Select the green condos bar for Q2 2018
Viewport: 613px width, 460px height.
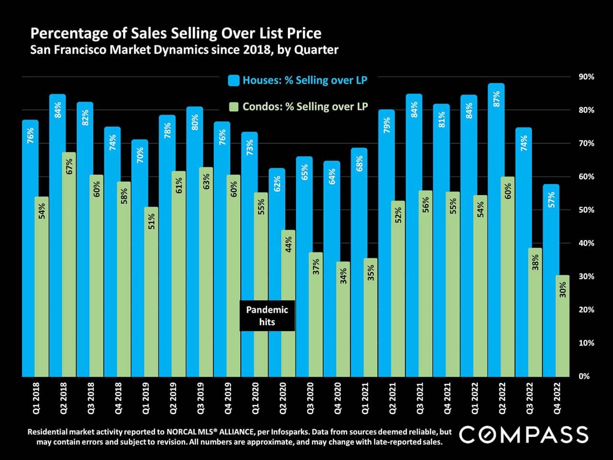[x=69, y=264]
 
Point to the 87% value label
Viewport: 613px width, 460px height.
[x=497, y=99]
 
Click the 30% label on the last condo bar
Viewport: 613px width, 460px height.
[x=563, y=289]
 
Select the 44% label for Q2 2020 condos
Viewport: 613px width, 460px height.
[x=288, y=244]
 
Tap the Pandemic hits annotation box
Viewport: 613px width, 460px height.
[x=267, y=316]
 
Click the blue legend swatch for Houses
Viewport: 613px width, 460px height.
[x=233, y=80]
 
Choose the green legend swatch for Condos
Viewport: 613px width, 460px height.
[x=233, y=107]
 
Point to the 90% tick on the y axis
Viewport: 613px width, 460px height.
[x=586, y=77]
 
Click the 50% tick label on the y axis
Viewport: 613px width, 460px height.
[x=586, y=210]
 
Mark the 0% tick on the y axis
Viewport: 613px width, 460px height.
[x=584, y=376]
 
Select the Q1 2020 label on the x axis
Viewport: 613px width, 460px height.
[x=255, y=398]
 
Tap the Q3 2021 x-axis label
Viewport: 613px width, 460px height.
[x=420, y=398]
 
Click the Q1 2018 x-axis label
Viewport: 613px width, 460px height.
[x=36, y=398]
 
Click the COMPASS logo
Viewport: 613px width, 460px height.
[x=524, y=435]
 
